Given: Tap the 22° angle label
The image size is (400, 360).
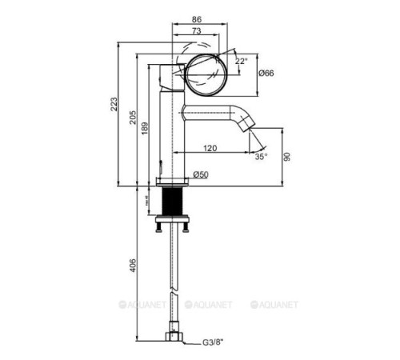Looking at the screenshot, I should point(242,61).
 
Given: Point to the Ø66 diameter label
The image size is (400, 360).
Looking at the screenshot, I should point(266,74).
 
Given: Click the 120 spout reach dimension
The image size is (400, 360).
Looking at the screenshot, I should point(210,148).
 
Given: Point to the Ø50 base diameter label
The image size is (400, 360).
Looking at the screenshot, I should point(202,176).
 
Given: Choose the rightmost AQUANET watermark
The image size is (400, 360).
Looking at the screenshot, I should point(274,304).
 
